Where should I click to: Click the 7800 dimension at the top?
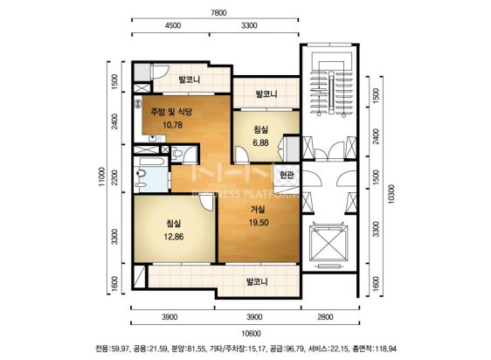click(218, 13)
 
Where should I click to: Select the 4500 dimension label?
click(172, 25)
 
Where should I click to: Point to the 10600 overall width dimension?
click(252, 334)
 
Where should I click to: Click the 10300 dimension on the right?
click(391, 194)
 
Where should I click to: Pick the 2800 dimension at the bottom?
click(325, 317)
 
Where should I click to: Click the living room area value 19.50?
click(259, 223)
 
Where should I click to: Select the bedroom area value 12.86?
click(174, 237)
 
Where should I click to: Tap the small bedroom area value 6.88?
click(261, 142)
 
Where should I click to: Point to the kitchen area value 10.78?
click(172, 125)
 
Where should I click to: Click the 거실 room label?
click(259, 210)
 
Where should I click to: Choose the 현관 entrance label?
click(287, 175)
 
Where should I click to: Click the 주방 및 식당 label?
click(171, 112)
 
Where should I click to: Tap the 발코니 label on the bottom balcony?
click(257, 281)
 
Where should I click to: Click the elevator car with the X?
click(328, 244)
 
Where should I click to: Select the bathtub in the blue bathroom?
click(152, 162)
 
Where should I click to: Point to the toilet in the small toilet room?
click(177, 154)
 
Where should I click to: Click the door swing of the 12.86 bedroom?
click(207, 202)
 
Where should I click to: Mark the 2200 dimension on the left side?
click(114, 177)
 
